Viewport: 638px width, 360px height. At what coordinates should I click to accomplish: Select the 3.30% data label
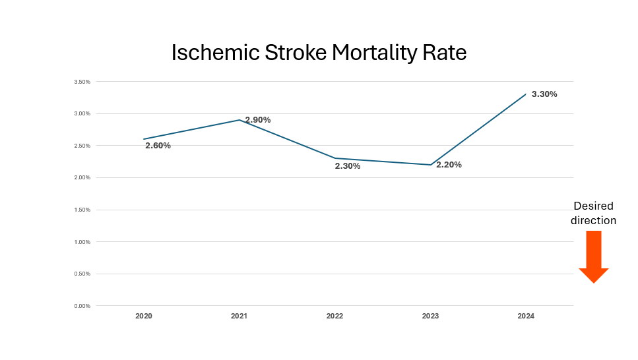pos(544,94)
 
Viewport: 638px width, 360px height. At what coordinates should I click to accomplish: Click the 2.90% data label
pos(258,120)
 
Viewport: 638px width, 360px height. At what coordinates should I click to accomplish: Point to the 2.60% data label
pos(158,146)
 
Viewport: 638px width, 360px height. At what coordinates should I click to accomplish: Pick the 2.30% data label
pos(348,166)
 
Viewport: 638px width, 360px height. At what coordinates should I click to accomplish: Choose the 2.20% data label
pos(449,165)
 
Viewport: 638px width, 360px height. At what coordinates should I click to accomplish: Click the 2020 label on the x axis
pos(144,316)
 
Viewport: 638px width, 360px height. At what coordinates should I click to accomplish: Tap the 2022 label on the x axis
pos(335,316)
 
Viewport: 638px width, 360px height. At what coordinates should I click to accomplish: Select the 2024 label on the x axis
pos(526,316)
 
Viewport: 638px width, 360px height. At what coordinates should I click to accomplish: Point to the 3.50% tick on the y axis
pos(82,82)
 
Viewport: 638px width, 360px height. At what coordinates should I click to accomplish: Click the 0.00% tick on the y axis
pos(82,306)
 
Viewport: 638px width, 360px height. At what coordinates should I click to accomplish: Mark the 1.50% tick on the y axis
pos(82,210)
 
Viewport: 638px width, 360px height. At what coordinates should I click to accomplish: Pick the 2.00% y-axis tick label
pos(82,178)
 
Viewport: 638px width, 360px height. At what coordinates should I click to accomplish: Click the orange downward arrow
pos(593,257)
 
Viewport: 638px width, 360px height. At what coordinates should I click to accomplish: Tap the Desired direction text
pos(593,213)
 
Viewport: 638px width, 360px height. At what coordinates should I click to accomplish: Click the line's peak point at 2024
pos(526,94)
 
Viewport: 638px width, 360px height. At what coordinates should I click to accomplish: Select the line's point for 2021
pos(239,120)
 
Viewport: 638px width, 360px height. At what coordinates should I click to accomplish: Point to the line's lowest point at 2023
pos(430,165)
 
